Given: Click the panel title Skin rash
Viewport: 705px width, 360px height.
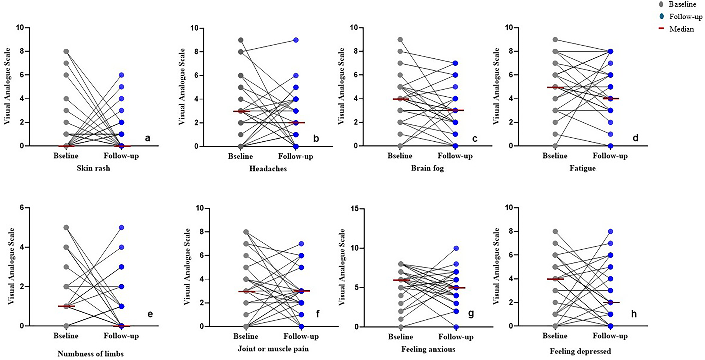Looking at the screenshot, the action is coord(93,168).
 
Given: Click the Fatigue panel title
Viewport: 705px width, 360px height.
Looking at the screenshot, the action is coord(582,168).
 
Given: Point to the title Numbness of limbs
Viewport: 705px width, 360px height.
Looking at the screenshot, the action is coord(91,354).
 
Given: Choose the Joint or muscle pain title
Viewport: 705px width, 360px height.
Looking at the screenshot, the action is coord(273,349).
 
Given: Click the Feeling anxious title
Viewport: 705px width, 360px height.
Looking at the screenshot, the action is coord(428,349).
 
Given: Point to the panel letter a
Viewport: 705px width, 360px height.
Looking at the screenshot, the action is coord(147,138).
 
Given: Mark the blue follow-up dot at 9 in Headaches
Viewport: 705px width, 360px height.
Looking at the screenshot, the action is coord(296,40).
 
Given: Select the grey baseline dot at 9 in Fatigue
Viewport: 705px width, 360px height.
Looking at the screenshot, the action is coord(555,39).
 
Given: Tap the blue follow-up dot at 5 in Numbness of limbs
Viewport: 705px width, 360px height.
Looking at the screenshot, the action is coord(122,228).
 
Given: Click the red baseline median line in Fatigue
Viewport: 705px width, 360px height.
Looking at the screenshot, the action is coord(555,87).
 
